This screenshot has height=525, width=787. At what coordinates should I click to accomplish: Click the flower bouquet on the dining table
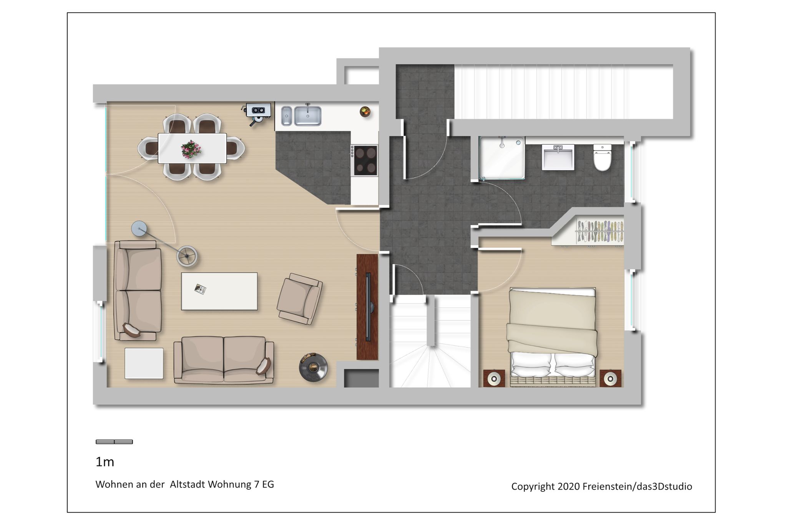[x=191, y=149]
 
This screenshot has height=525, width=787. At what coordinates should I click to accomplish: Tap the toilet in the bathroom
[x=602, y=157]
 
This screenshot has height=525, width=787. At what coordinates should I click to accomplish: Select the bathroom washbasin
[x=558, y=157]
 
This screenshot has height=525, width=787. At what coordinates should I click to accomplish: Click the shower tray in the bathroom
[x=501, y=158]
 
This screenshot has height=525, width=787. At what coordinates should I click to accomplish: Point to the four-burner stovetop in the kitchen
[x=365, y=160]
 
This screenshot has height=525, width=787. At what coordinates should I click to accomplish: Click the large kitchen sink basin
[x=307, y=116]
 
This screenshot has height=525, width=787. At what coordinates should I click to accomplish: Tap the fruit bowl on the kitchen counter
[x=365, y=112]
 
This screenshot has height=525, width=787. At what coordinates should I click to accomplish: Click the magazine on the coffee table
[x=200, y=288]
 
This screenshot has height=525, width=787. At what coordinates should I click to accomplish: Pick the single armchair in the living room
[x=300, y=298]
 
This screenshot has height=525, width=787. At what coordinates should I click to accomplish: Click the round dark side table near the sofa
[x=313, y=367]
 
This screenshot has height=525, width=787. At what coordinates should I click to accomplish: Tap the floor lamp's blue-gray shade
[x=139, y=228]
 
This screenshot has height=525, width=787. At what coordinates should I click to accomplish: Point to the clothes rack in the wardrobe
[x=599, y=232]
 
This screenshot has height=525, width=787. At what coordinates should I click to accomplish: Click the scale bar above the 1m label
[x=114, y=442]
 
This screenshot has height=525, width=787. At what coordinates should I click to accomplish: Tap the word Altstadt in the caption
[x=188, y=484]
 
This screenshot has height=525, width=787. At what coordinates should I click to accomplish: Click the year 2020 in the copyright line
[x=568, y=487]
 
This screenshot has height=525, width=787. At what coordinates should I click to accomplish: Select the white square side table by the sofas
[x=144, y=363]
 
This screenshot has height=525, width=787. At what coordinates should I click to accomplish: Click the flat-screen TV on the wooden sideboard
[x=368, y=307]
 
